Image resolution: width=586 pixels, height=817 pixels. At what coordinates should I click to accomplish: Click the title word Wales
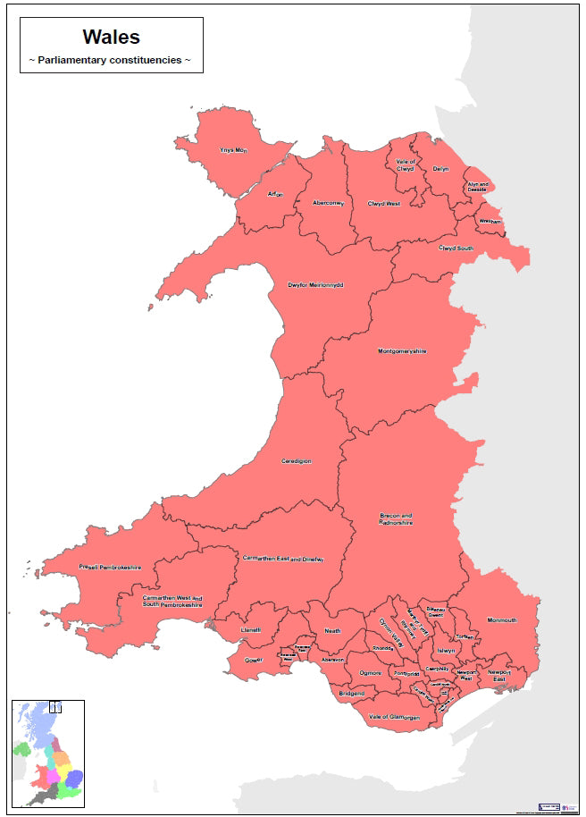(111, 37)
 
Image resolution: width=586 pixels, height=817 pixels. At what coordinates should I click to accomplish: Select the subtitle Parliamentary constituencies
(111, 60)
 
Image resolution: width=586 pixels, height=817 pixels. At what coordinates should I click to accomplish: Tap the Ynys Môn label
(233, 150)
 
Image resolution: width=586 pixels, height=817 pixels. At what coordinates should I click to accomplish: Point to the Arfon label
(275, 194)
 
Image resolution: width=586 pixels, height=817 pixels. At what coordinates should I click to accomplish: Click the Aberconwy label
(328, 203)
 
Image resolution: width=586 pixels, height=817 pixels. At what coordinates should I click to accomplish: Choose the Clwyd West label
(384, 203)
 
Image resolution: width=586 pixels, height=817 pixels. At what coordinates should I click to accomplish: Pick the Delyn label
(440, 168)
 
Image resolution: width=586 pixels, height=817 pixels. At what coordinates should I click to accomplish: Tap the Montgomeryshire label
(402, 351)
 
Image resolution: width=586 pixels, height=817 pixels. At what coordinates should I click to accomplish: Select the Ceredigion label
(296, 461)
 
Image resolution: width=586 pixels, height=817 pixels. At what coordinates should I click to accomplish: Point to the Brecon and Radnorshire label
(396, 519)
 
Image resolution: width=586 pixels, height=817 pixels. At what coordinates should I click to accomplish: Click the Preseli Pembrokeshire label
(110, 568)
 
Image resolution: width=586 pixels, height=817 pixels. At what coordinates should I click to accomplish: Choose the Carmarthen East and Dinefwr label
(282, 559)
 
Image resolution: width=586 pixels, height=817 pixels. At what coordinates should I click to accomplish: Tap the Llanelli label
(250, 630)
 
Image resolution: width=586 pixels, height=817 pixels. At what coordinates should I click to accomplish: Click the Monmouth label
(502, 620)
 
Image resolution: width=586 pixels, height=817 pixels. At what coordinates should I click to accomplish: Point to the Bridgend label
(351, 694)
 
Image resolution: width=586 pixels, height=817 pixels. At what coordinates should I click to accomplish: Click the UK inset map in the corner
(48, 754)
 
